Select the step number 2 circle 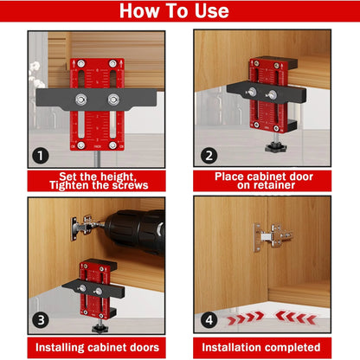point(208,157)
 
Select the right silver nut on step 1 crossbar point(112,99)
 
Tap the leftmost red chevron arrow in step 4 point(231,318)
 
